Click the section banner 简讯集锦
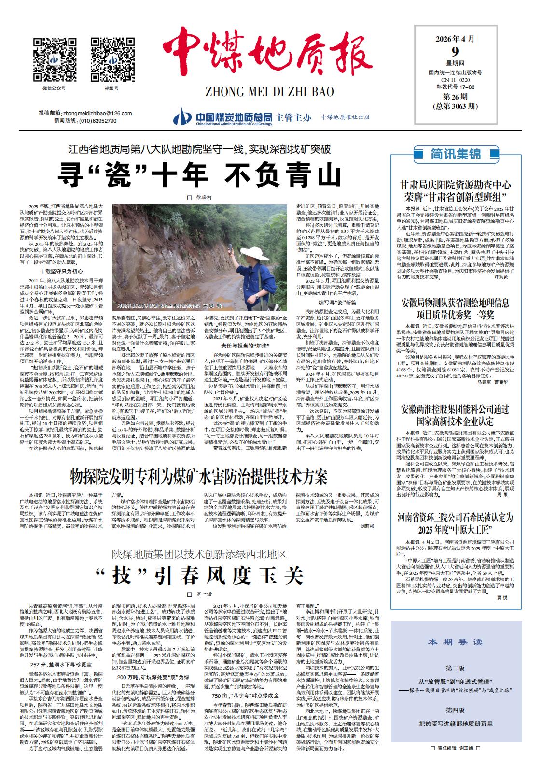(x=455, y=154)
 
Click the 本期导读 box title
(x=455, y=642)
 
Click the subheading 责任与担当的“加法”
(x=245, y=346)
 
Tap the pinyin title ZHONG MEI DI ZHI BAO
(x=263, y=91)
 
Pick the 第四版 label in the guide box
(x=455, y=710)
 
